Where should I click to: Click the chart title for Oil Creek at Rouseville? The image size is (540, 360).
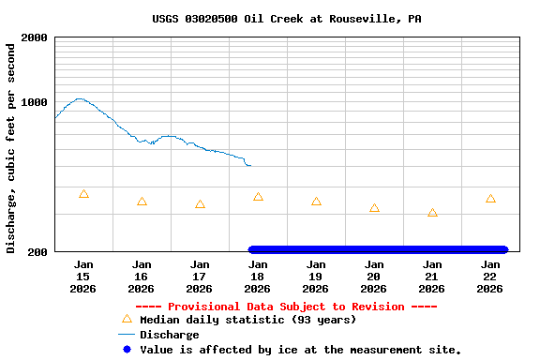pyautogui.click(x=286, y=19)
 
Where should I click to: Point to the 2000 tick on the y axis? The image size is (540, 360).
pyautogui.click(x=35, y=37)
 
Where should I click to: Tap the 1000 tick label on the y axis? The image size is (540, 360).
pyautogui.click(x=35, y=102)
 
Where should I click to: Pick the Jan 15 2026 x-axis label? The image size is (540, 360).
pyautogui.click(x=83, y=277)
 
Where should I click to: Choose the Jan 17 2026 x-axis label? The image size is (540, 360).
pyautogui.click(x=200, y=277)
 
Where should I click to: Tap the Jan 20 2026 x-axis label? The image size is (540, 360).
pyautogui.click(x=374, y=277)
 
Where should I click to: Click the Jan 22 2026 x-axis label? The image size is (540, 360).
pyautogui.click(x=490, y=277)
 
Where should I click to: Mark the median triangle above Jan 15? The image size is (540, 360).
pyautogui.click(x=84, y=194)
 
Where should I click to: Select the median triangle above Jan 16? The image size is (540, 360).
pyautogui.click(x=142, y=202)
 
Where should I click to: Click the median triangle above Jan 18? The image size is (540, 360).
pyautogui.click(x=258, y=197)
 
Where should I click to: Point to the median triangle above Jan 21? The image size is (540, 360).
pyautogui.click(x=432, y=213)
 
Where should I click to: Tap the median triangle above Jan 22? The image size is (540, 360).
pyautogui.click(x=490, y=199)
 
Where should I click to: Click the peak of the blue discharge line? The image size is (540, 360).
pyautogui.click(x=80, y=98)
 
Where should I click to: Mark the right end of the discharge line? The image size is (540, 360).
pyautogui.click(x=250, y=166)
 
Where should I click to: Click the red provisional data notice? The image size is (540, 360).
pyautogui.click(x=286, y=307)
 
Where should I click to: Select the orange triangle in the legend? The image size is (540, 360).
pyautogui.click(x=127, y=320)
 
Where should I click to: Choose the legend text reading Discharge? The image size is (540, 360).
pyautogui.click(x=169, y=335)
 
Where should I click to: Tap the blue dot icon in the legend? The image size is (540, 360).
pyautogui.click(x=127, y=350)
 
